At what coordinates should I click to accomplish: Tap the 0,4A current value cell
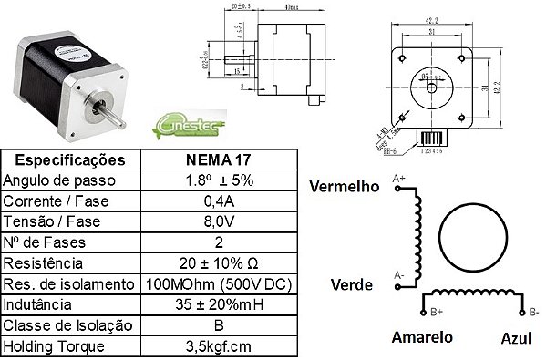[x=219, y=201]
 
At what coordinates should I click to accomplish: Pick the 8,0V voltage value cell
[x=219, y=221]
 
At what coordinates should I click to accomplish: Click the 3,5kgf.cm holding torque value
[x=219, y=346]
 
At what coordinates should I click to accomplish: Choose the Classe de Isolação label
[x=60, y=325]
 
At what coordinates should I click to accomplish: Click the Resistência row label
[x=45, y=263]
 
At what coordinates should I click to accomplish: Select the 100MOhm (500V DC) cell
[x=219, y=284]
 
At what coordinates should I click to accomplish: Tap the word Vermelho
[x=345, y=187]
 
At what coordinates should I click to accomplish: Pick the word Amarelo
[x=423, y=336]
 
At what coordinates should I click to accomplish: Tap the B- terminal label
[x=534, y=312]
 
